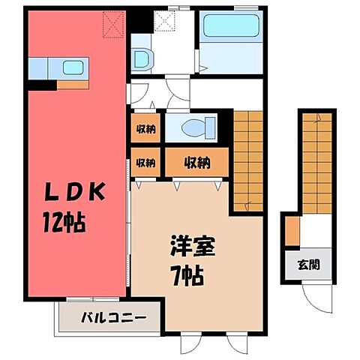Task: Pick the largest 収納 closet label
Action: (x=193, y=162)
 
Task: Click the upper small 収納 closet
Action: (x=145, y=129)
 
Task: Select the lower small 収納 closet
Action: (x=145, y=162)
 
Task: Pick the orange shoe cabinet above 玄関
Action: (x=292, y=229)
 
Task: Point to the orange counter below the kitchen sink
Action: (x=72, y=82)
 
